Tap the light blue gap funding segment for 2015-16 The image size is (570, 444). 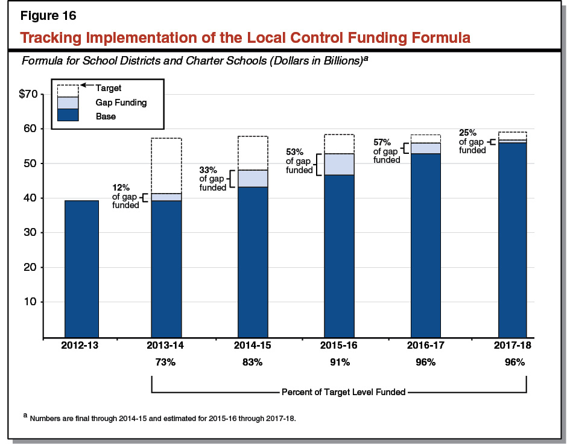point(339,164)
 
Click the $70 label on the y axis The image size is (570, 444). point(28,94)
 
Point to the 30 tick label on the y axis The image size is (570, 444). point(31,233)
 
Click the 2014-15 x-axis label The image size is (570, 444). point(253,346)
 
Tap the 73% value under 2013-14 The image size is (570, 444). point(165,363)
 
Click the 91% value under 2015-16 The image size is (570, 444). point(339,363)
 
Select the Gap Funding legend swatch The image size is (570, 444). point(68,103)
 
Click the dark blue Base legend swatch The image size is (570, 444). point(68,115)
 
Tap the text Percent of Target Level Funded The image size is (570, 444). point(343,392)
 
